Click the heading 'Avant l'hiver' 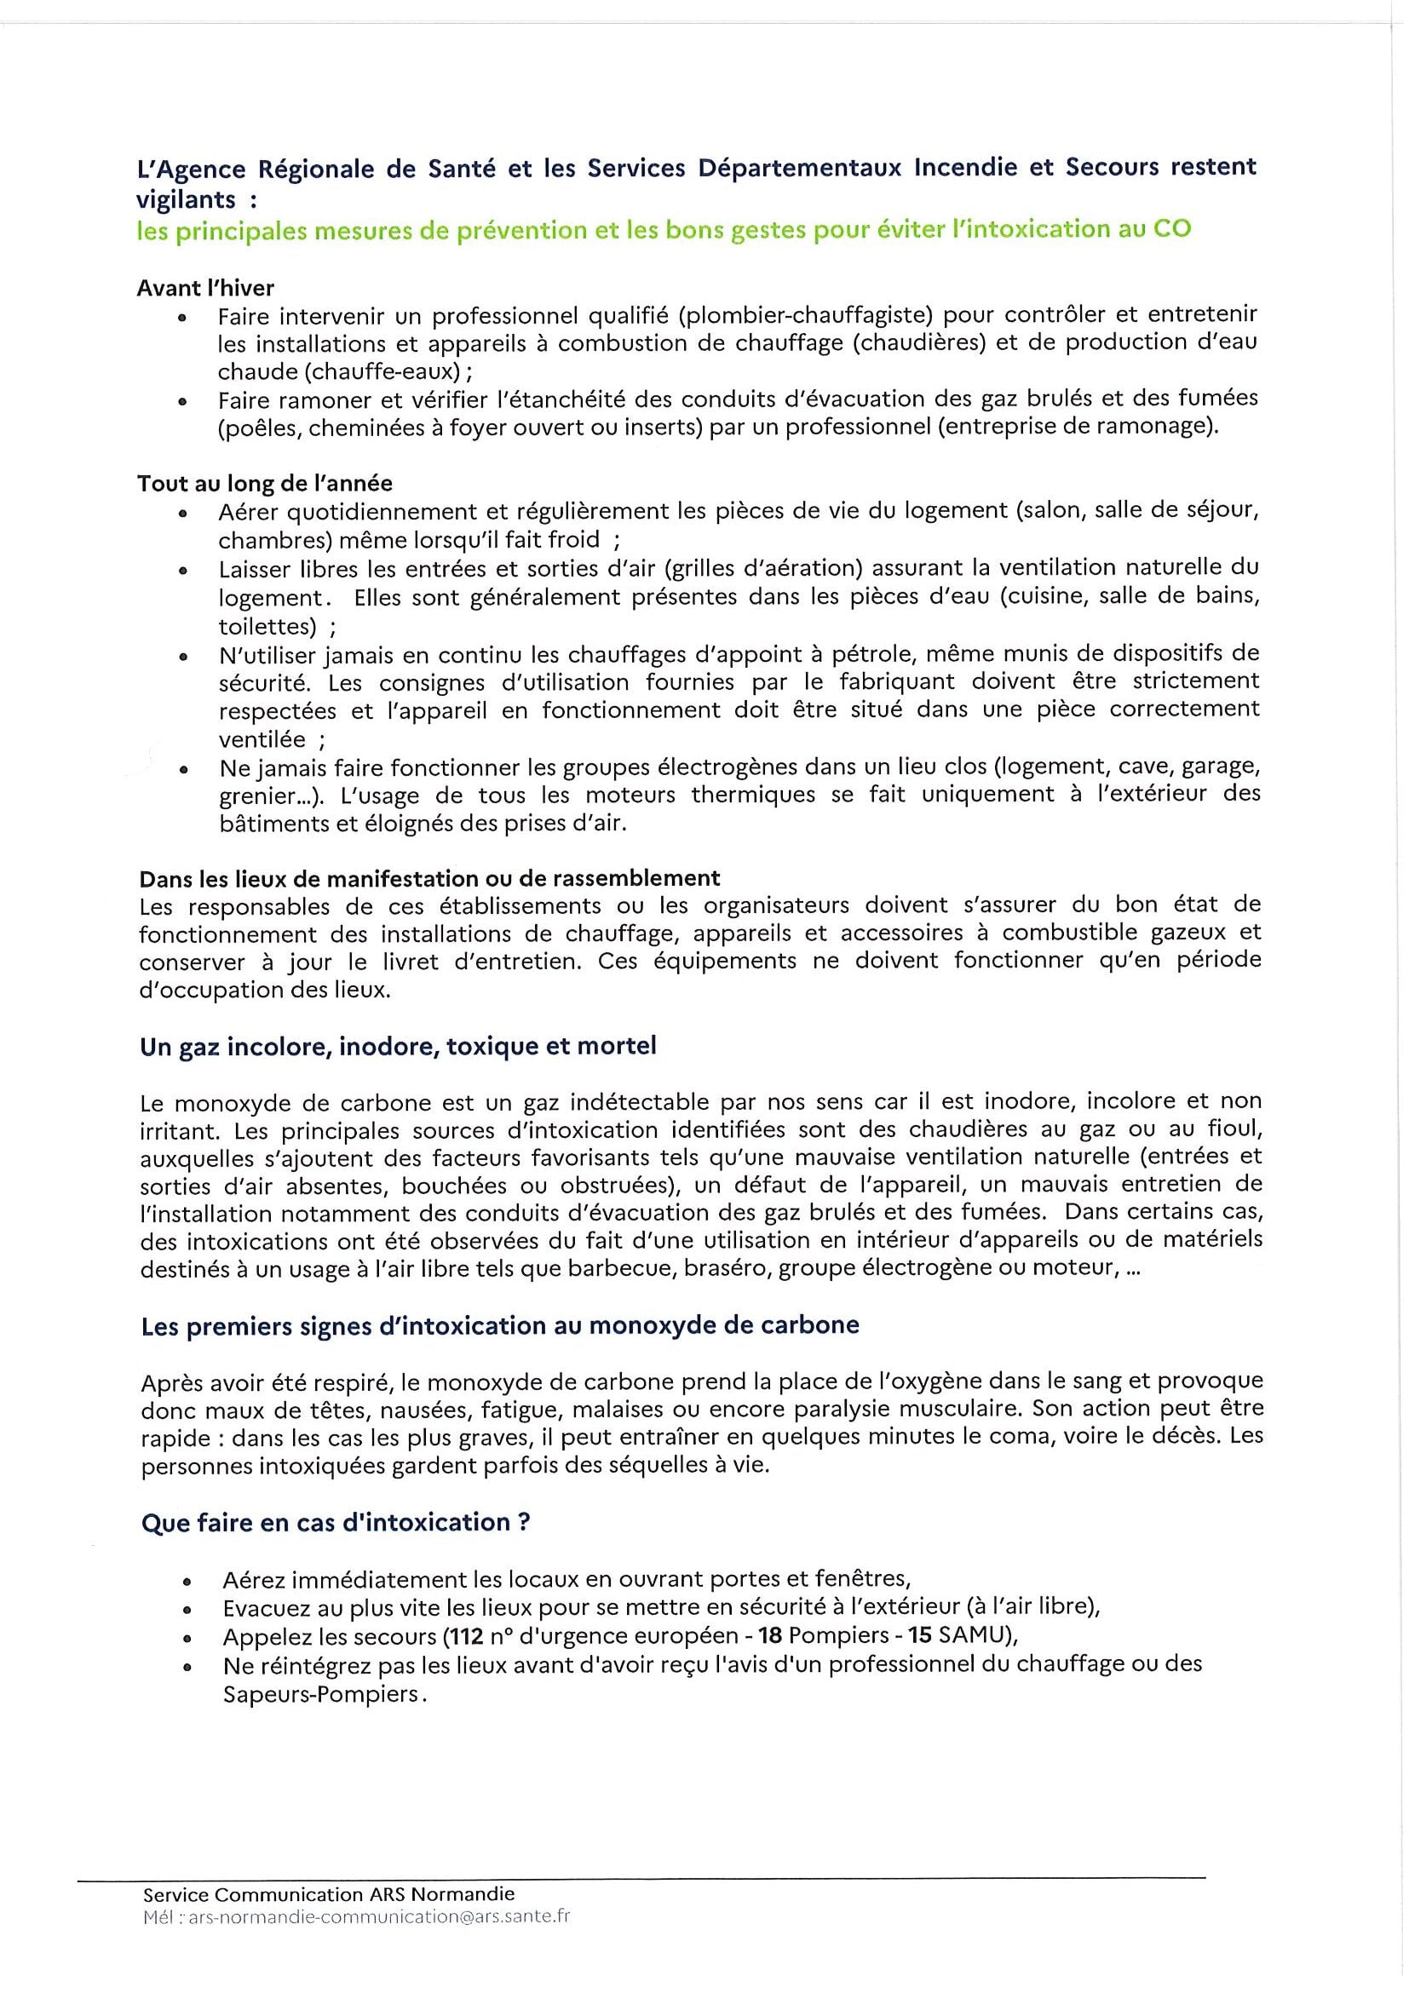click(206, 288)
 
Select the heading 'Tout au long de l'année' click(265, 483)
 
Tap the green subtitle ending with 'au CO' click(664, 230)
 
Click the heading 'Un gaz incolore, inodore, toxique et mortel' click(398, 1046)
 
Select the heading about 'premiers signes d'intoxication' click(500, 1325)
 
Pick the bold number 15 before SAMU click(920, 1636)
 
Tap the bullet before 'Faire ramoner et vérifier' click(182, 402)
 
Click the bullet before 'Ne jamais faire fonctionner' click(183, 769)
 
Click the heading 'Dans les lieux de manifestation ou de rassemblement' click(429, 878)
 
